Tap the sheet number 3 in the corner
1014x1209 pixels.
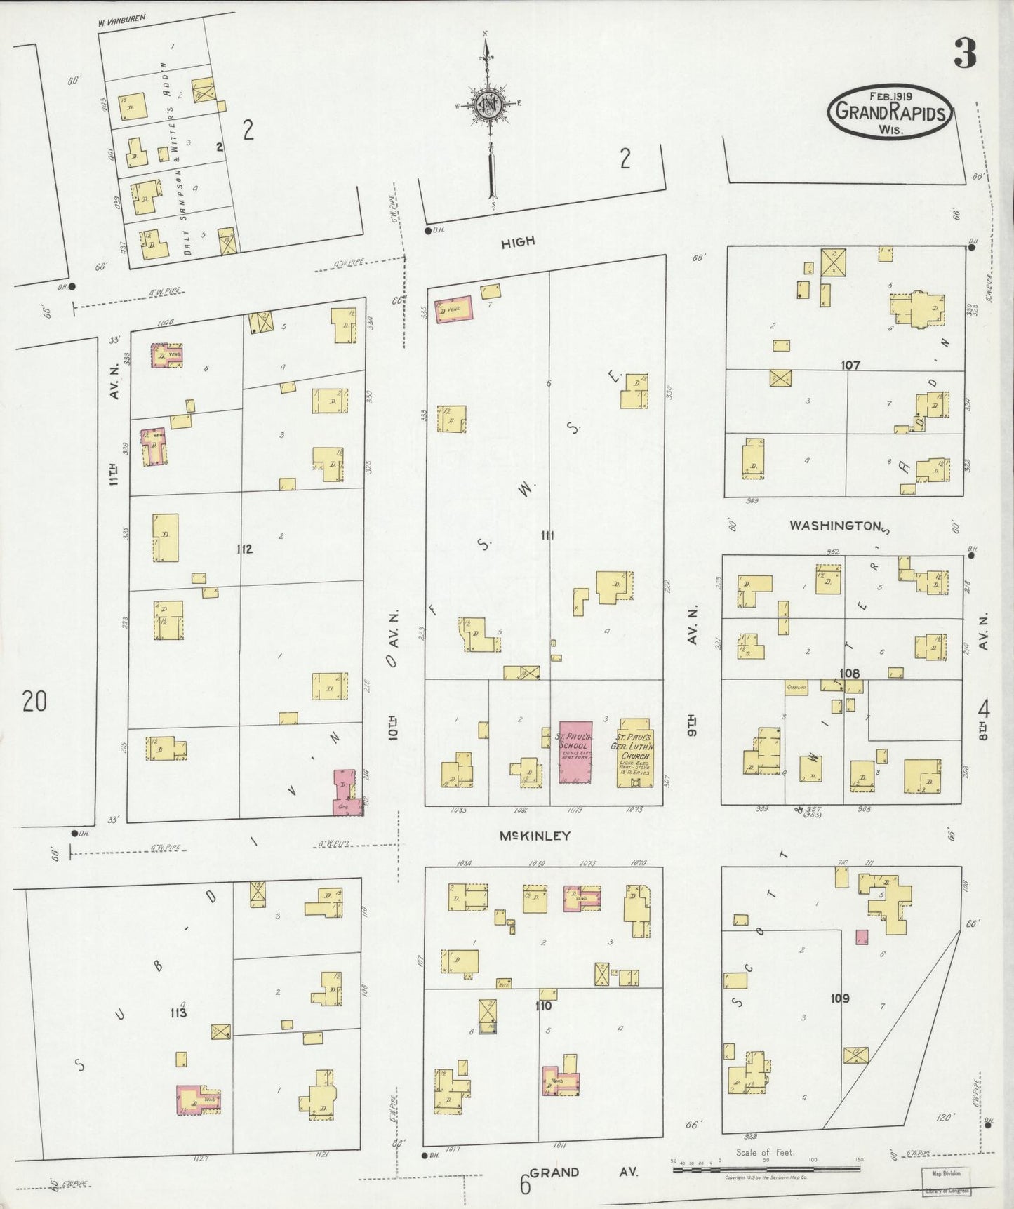click(965, 53)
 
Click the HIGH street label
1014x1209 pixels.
click(518, 242)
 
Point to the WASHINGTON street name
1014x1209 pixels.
click(835, 525)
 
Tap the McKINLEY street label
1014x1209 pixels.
click(535, 836)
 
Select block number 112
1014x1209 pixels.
click(244, 549)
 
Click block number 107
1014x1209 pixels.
click(850, 365)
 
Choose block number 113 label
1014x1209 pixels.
click(178, 1013)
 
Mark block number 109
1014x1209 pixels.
click(839, 998)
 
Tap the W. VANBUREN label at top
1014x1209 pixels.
click(121, 23)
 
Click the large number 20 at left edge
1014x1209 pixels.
click(34, 700)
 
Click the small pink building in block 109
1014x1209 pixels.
click(862, 938)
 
